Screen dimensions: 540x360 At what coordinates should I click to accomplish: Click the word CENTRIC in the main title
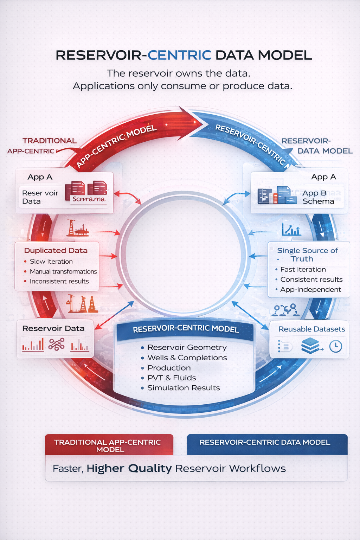(x=179, y=55)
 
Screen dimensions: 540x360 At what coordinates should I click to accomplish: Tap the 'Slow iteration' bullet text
(x=51, y=262)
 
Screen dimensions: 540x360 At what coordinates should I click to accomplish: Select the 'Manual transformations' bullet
(x=63, y=271)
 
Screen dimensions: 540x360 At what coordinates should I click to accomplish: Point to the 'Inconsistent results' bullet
(x=59, y=281)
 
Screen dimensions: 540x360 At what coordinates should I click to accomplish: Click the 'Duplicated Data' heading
(x=56, y=251)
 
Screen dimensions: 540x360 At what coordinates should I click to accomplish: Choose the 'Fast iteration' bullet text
(x=303, y=270)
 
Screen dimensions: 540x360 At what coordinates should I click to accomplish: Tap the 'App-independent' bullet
(x=310, y=290)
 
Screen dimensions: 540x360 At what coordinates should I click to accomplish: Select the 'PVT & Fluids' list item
(x=172, y=378)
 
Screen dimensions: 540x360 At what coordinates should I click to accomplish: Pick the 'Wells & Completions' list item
(x=187, y=358)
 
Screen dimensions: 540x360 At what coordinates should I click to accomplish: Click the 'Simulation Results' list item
(x=184, y=388)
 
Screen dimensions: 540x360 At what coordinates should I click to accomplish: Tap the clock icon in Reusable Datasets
(x=335, y=346)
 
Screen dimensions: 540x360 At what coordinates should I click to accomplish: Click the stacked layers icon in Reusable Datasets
(x=310, y=346)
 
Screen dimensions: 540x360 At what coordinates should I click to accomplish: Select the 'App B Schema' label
(x=318, y=197)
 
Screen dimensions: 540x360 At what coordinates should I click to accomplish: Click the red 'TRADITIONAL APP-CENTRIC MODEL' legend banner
(x=109, y=445)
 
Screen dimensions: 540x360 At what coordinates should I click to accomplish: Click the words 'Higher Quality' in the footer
(x=129, y=469)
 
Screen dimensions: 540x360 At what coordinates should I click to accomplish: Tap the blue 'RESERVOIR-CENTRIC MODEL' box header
(x=185, y=329)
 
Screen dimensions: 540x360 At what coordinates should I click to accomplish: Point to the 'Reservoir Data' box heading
(x=53, y=328)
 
